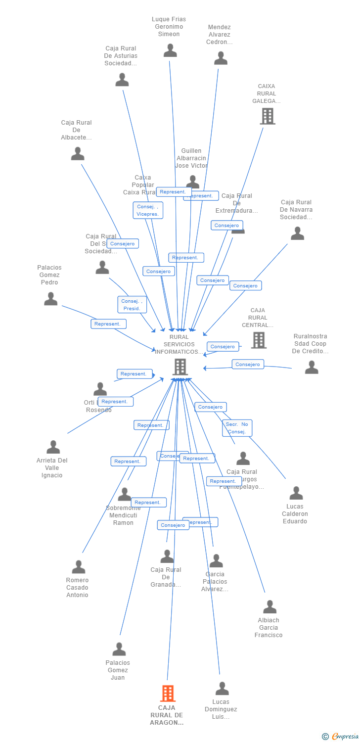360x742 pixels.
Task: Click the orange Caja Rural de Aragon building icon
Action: [168, 694]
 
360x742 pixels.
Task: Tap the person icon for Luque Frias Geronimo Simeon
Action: [170, 50]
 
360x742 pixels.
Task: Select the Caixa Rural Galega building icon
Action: [268, 116]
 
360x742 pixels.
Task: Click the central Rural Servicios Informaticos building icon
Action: [180, 367]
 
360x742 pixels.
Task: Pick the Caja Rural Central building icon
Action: [259, 340]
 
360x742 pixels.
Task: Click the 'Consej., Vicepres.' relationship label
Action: [148, 210]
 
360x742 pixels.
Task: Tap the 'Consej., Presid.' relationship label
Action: [132, 305]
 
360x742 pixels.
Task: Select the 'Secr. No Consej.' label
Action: [237, 428]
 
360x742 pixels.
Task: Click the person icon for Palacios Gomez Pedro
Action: [50, 299]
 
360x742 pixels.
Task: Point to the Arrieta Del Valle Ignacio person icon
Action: [53, 447]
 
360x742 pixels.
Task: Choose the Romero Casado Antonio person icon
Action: [78, 567]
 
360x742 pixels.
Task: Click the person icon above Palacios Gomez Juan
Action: [119, 649]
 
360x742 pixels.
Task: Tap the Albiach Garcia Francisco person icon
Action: [270, 606]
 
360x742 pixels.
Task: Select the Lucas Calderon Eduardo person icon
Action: [296, 493]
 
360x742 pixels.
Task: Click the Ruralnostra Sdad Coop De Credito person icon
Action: [312, 367]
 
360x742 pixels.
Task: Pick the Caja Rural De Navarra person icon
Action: [297, 233]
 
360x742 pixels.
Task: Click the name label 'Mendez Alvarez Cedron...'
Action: [219, 35]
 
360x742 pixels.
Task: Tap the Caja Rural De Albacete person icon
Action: [78, 154]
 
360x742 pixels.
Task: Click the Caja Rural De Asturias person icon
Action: [122, 80]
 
